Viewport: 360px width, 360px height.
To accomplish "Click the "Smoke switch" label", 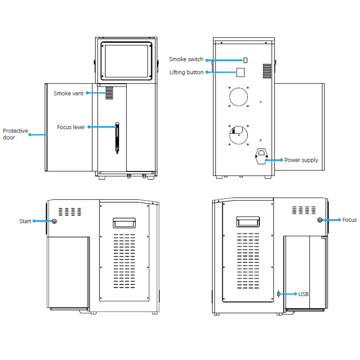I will click(x=186, y=59).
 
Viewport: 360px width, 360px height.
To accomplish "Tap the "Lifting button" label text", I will click(x=186, y=72).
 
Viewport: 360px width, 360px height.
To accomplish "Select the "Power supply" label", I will click(x=301, y=160).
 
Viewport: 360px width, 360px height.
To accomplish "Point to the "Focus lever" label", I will click(x=71, y=127).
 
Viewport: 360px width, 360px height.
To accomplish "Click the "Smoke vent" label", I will click(x=68, y=94).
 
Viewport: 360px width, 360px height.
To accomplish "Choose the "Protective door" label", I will click(x=15, y=134).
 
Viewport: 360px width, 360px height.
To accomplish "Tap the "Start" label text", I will click(x=25, y=221).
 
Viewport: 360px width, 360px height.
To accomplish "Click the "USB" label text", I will click(x=303, y=294).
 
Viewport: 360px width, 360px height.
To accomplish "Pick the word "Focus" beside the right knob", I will click(x=349, y=220).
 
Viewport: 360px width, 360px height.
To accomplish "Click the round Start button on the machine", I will click(x=54, y=221).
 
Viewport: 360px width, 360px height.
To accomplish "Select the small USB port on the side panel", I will click(x=279, y=294).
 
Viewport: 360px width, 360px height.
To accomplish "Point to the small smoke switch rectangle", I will click(x=245, y=60).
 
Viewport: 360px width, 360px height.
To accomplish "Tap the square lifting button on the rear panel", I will click(x=241, y=72).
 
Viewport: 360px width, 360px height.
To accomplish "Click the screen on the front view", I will click(x=126, y=61).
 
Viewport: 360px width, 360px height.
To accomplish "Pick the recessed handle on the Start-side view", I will click(x=124, y=222).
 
